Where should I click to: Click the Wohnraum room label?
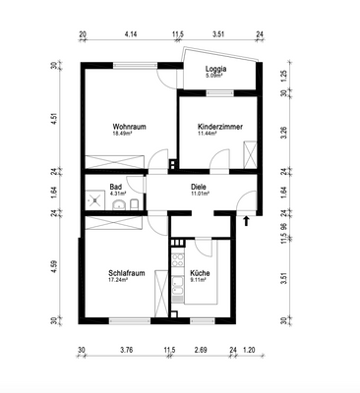[129, 126]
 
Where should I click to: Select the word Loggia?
[216, 69]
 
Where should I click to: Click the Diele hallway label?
[199, 187]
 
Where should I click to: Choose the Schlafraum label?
[128, 274]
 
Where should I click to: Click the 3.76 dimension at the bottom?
[126, 350]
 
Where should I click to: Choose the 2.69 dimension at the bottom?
[201, 350]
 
